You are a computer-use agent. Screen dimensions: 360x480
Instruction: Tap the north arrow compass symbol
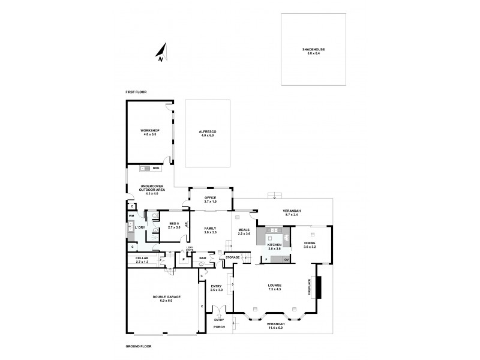click(162, 52)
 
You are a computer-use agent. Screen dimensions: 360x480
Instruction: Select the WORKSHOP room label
click(149, 130)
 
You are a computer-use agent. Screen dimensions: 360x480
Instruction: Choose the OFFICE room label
click(210, 197)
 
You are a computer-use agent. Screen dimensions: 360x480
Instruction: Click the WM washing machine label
click(131, 215)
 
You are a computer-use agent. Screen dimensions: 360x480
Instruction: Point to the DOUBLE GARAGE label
click(161, 297)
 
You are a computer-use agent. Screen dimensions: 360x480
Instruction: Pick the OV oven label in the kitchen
click(286, 259)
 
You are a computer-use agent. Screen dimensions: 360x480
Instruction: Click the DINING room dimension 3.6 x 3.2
click(310, 247)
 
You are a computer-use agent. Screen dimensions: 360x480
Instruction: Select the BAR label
click(202, 258)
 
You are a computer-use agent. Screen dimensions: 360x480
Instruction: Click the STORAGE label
click(232, 258)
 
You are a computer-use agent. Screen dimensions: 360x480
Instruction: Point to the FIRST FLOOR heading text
click(136, 92)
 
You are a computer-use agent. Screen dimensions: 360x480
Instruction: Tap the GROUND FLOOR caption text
click(138, 347)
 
